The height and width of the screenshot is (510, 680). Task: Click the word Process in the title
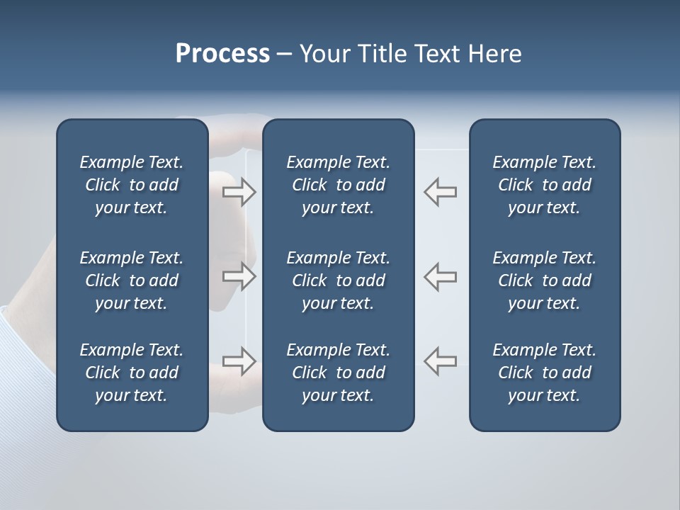pyautogui.click(x=222, y=54)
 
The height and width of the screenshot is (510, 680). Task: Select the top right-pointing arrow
pyautogui.click(x=239, y=191)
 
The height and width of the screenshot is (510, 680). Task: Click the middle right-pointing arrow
pyautogui.click(x=239, y=276)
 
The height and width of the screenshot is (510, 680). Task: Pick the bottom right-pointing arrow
pyautogui.click(x=239, y=361)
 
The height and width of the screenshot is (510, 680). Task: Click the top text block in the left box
pyautogui.click(x=132, y=185)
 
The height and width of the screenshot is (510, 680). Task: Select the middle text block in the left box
pyautogui.click(x=132, y=280)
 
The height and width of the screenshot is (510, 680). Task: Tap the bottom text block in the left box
pyautogui.click(x=132, y=373)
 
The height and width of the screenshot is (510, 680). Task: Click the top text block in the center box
pyautogui.click(x=338, y=185)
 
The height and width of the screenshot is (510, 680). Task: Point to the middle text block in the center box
pyautogui.click(x=338, y=280)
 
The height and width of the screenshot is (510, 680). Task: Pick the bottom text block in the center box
pyautogui.click(x=338, y=373)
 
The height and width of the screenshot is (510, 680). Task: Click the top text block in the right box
pyautogui.click(x=544, y=185)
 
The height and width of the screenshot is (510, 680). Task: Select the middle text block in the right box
pyautogui.click(x=544, y=280)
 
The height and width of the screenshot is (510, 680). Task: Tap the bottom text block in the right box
pyautogui.click(x=544, y=373)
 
